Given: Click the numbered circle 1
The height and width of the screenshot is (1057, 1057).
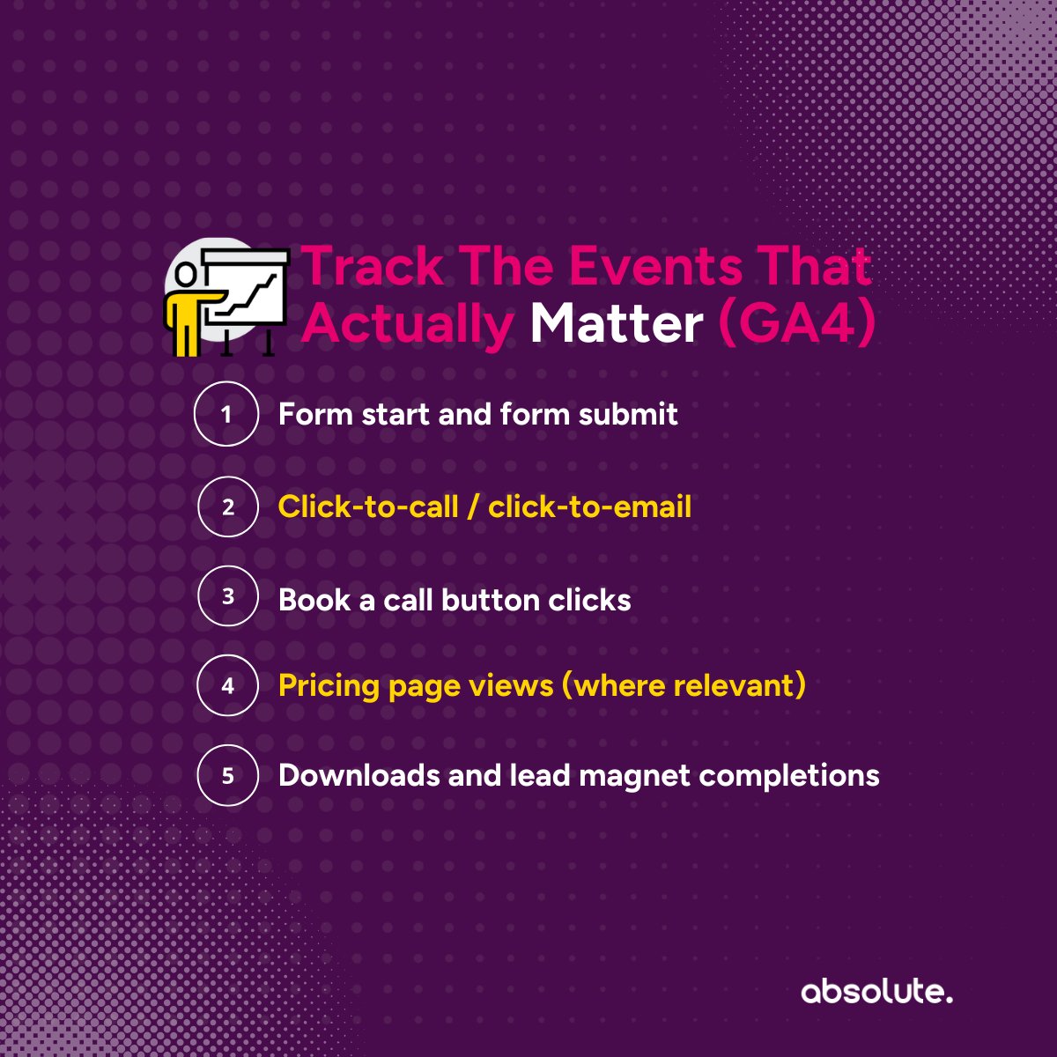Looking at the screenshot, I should coord(226,414).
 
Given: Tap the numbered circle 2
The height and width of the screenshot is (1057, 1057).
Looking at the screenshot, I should coord(227,506).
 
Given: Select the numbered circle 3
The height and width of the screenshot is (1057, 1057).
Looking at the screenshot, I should coord(227,596).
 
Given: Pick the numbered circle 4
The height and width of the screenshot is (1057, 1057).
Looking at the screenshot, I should coord(227,684).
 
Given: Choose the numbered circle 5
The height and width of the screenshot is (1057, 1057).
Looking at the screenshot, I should coord(227,775).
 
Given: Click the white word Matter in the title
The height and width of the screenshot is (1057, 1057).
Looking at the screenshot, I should coord(616,324).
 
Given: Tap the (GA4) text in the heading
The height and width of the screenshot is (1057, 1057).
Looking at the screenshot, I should coord(797,324).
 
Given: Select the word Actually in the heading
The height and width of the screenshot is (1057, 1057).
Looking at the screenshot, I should coord(407,324).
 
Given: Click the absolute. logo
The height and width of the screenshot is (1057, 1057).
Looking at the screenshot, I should coord(876,992).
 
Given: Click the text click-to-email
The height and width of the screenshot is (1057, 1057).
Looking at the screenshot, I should coord(589,506).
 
